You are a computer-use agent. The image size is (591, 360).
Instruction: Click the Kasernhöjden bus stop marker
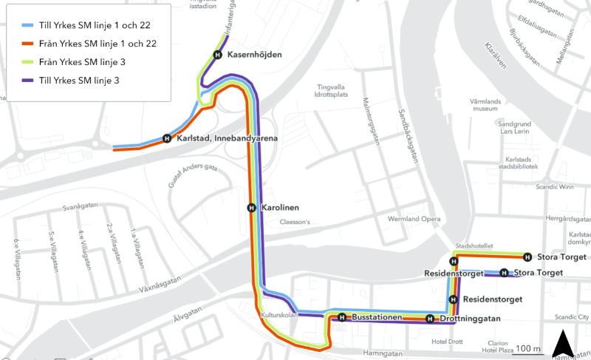click(x=217, y=55)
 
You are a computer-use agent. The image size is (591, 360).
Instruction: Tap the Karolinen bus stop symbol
click(x=252, y=208)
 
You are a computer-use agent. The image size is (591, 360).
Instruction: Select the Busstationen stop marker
click(x=342, y=318)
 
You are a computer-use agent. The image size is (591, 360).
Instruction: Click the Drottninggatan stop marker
click(x=430, y=319)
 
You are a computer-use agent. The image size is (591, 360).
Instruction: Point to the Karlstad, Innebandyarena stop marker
click(x=167, y=138)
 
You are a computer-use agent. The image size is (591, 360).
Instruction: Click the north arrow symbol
click(x=563, y=343)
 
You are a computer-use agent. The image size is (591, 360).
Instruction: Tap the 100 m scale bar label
click(x=528, y=348)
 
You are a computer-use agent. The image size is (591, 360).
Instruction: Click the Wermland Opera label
click(x=414, y=220)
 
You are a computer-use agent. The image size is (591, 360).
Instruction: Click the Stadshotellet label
click(x=474, y=246)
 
